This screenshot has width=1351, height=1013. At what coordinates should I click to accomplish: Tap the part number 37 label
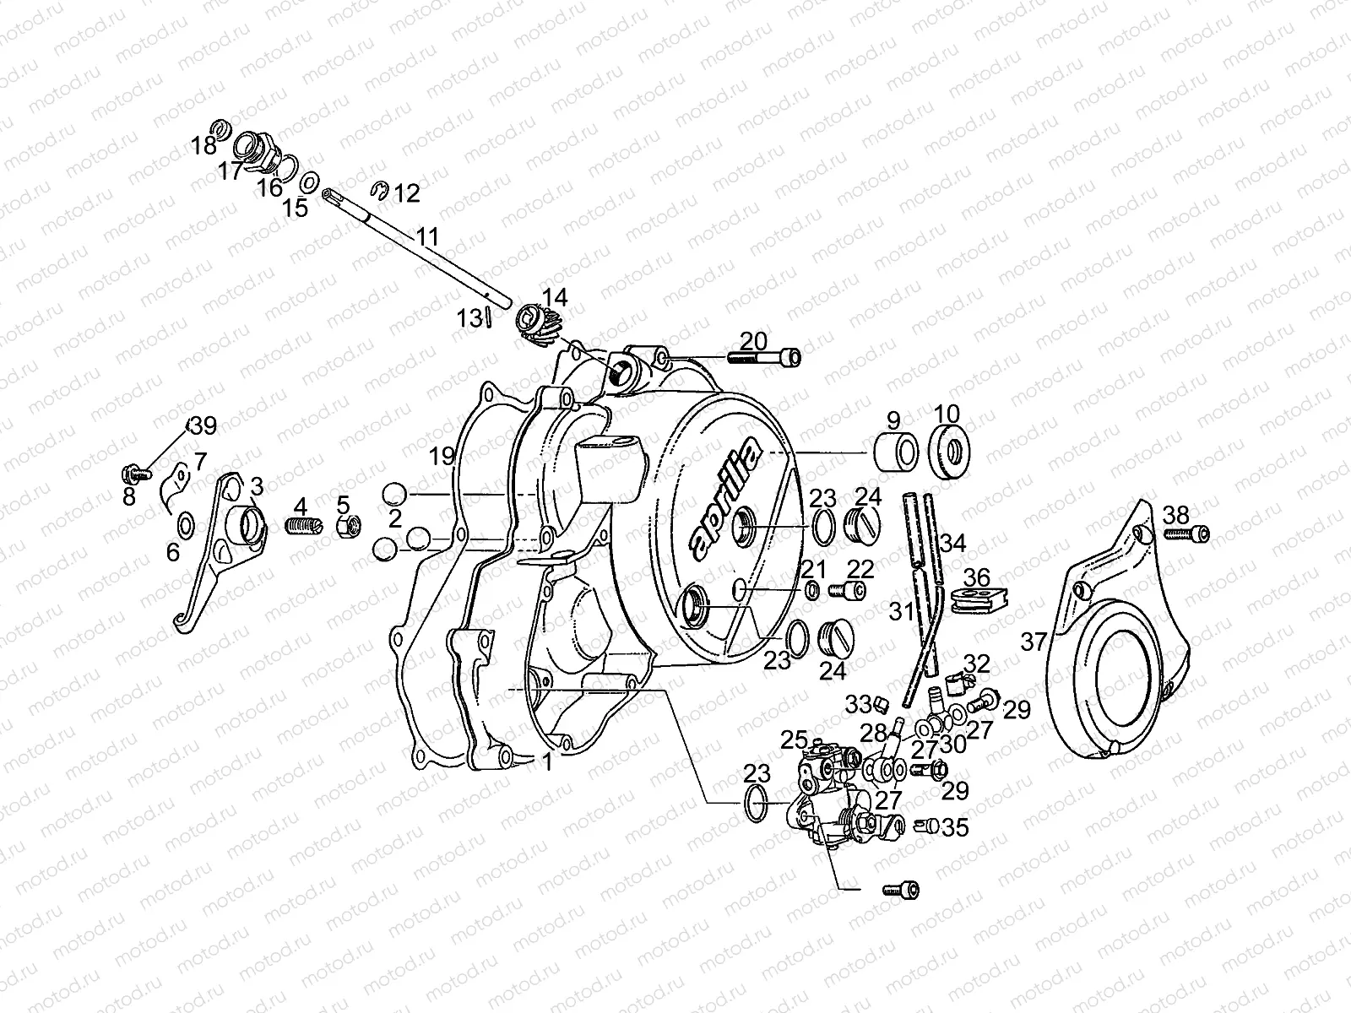(1034, 642)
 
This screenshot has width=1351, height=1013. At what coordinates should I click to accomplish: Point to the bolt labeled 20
(764, 357)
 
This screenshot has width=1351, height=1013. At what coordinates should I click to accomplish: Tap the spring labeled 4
(303, 526)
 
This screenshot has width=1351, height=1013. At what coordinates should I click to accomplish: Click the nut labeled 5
(349, 526)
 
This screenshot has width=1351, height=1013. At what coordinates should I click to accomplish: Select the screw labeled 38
(1186, 534)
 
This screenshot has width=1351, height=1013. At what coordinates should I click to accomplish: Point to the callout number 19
(442, 457)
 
